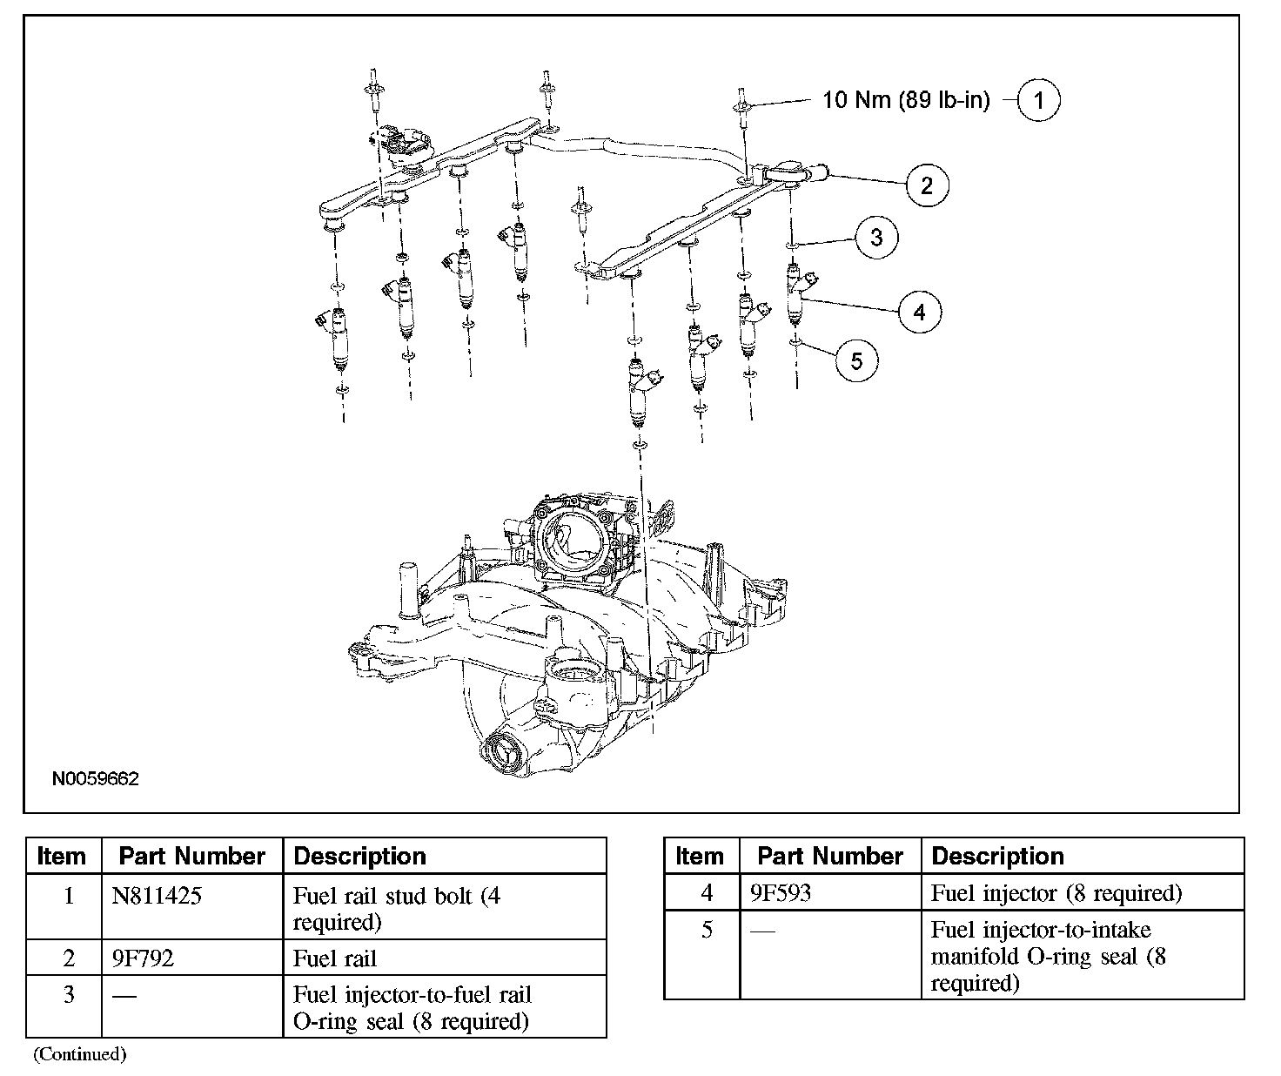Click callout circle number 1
point(1038,100)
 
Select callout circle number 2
point(926,185)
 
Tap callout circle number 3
point(875,237)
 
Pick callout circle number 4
point(920,311)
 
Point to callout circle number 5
point(856,360)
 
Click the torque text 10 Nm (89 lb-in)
point(906,100)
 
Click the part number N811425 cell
point(157,896)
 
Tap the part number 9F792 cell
point(143,958)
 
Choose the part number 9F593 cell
point(781,893)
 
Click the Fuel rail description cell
point(335,958)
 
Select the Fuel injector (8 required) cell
point(1056,893)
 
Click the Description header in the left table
point(360,857)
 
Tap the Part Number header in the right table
point(830,857)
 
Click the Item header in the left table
point(62,857)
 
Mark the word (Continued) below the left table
point(80,1054)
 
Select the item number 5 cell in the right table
point(707,930)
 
